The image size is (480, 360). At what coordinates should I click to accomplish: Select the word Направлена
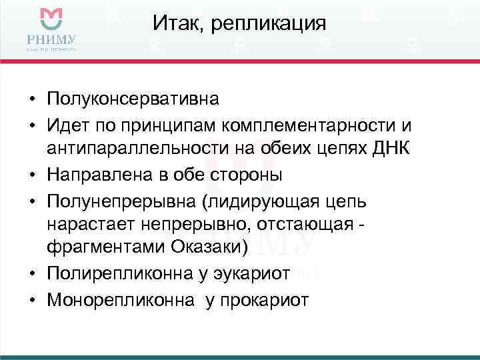tap(100, 175)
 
